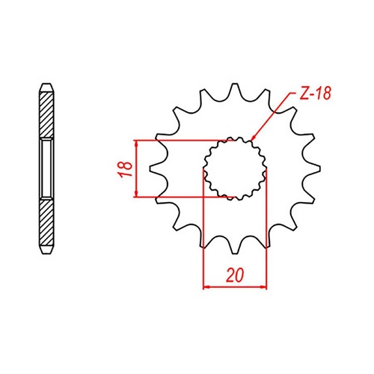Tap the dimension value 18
pyautogui.click(x=126, y=169)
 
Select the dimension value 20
pyautogui.click(x=236, y=275)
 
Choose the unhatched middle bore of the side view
pyautogui.click(x=46, y=169)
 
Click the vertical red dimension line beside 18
pyautogui.click(x=135, y=169)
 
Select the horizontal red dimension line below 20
pyautogui.click(x=236, y=286)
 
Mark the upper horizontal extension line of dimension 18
pyautogui.click(x=180, y=140)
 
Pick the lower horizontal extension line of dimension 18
pyautogui.click(x=180, y=198)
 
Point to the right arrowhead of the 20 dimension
pyautogui.click(x=263, y=286)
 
